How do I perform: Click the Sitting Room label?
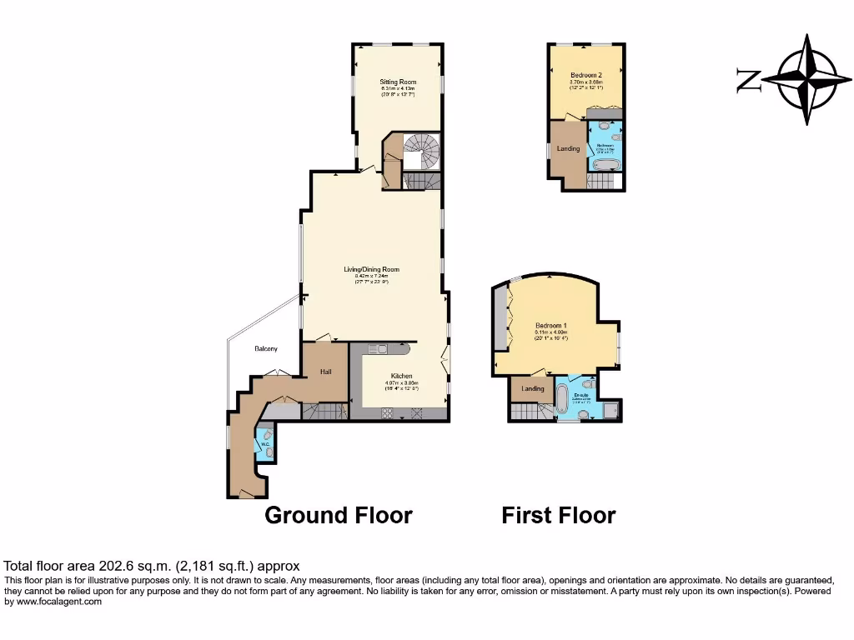(x=398, y=82)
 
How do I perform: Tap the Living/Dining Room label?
(x=372, y=269)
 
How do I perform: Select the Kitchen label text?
(x=401, y=376)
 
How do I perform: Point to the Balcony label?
(x=266, y=348)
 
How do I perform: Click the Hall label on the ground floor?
(x=326, y=372)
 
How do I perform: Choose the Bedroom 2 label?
(x=585, y=74)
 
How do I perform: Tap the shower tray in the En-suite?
(x=610, y=408)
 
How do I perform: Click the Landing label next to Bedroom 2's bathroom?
(x=568, y=148)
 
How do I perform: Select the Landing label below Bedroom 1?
(x=533, y=388)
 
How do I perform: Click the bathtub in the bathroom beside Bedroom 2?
(x=603, y=165)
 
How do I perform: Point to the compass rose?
(x=806, y=80)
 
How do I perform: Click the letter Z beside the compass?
(x=747, y=81)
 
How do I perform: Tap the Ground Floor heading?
(x=338, y=515)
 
